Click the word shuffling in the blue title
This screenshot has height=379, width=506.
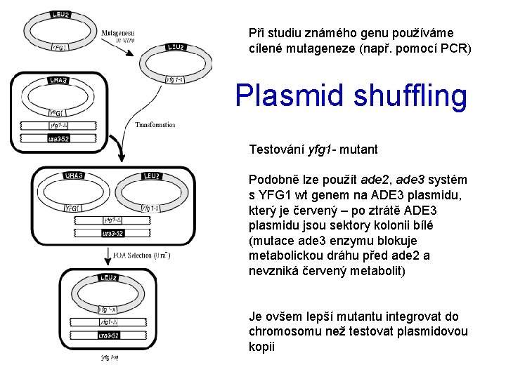[407, 96]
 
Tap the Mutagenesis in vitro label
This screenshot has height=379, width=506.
[118, 35]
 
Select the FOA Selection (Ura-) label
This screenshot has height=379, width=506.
[141, 255]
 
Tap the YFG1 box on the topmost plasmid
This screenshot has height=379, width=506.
[60, 48]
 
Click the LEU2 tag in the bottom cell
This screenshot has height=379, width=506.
[108, 278]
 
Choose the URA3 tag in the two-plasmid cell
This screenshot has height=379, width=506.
[74, 175]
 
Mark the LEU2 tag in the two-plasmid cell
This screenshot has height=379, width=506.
[153, 175]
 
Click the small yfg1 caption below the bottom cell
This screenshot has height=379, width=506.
[108, 358]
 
